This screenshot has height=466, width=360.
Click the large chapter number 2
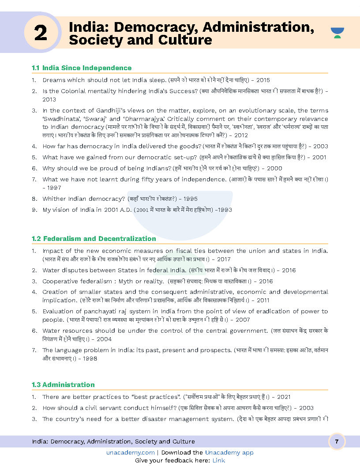40,33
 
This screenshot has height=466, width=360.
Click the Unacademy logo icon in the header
337,33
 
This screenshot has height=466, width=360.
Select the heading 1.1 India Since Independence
82,68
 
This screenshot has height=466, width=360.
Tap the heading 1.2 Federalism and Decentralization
94,239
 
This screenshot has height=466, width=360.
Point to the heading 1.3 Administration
63,385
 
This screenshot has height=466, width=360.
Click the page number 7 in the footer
337,442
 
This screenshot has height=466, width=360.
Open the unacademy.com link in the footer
130,453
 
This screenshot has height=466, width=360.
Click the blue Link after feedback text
218,461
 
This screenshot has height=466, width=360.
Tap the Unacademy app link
229,453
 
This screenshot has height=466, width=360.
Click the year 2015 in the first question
263,80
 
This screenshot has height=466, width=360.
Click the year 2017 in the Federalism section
223,259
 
